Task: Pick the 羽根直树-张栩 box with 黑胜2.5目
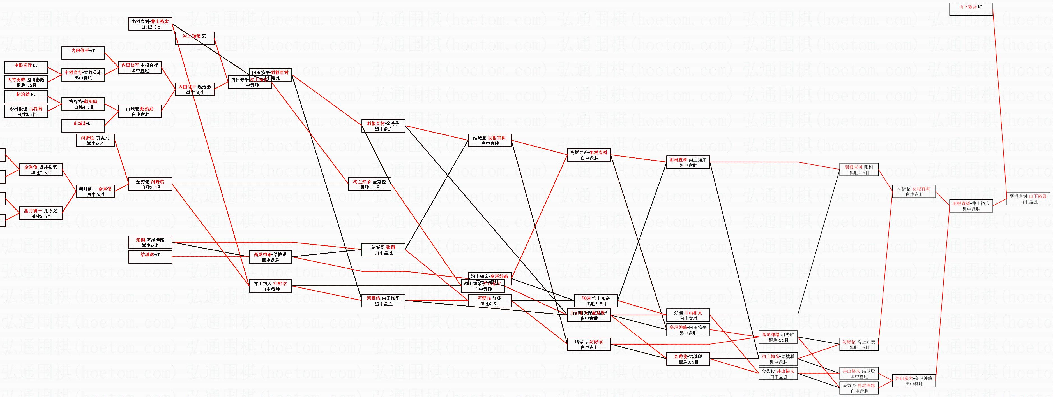(x=859, y=170)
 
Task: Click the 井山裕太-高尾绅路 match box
(x=914, y=381)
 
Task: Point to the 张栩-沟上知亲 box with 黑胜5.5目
(x=596, y=301)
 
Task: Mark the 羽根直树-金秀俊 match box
(x=383, y=126)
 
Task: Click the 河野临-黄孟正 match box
(x=95, y=140)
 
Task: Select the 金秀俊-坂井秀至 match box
(x=40, y=170)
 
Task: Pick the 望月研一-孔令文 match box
(x=40, y=213)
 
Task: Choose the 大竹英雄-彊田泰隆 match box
(x=26, y=82)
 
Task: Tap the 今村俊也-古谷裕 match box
(x=26, y=112)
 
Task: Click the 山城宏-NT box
(x=83, y=126)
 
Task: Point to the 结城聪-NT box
(x=150, y=257)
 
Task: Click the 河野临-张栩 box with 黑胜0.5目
(x=489, y=301)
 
